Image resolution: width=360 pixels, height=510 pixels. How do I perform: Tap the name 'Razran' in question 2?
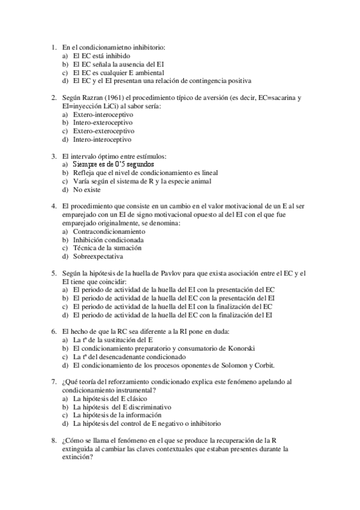point(94,97)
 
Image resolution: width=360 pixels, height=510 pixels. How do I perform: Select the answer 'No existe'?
point(87,189)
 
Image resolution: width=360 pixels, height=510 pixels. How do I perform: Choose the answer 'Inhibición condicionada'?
point(108,239)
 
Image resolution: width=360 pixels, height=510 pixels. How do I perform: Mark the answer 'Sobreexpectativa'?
point(97,256)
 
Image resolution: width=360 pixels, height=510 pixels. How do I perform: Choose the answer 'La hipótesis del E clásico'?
point(112,398)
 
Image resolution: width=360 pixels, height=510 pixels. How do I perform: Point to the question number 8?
point(54,440)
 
